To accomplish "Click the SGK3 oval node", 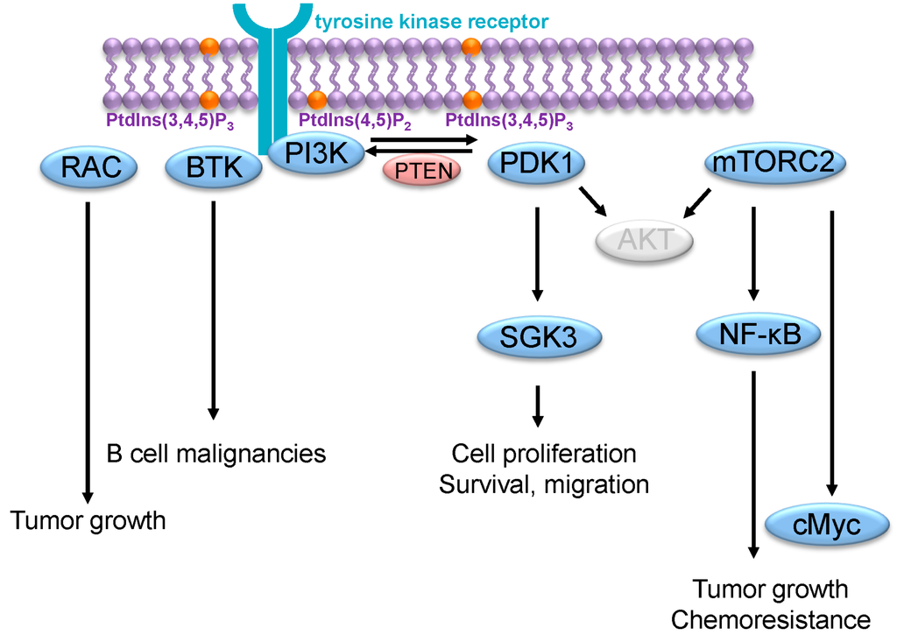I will (540, 336).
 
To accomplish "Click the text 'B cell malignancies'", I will (215, 454).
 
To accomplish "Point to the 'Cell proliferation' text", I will (544, 454).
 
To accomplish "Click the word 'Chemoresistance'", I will (771, 619).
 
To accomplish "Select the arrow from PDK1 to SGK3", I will (538, 254).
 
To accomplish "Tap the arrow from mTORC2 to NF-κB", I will (752, 254).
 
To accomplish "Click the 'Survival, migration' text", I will (544, 483).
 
